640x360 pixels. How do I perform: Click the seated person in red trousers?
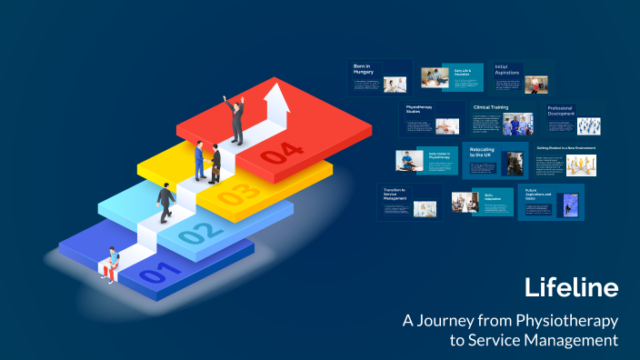click(x=111, y=265)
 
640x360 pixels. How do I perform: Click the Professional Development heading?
click(x=561, y=112)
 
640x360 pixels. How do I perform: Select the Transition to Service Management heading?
click(x=395, y=194)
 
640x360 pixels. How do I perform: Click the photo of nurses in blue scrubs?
click(x=518, y=124)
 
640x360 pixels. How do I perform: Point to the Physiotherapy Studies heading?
click(x=419, y=109)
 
